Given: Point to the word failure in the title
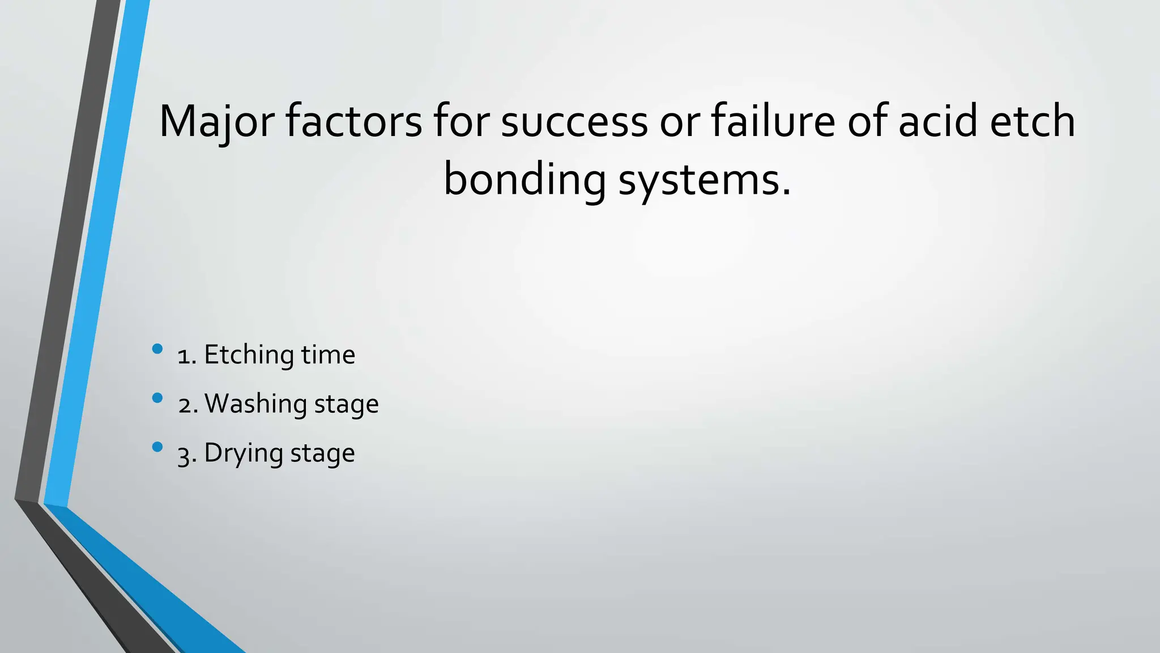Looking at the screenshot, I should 773,121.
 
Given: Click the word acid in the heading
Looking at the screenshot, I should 938,121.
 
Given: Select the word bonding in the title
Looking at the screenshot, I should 524,180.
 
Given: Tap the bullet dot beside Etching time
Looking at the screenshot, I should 157,349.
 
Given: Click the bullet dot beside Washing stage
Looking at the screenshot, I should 157,398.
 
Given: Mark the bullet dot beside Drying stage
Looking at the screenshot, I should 157,447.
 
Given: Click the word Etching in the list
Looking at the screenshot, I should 248,355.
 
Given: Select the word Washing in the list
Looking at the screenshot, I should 255,404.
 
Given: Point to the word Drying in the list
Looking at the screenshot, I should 243,453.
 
